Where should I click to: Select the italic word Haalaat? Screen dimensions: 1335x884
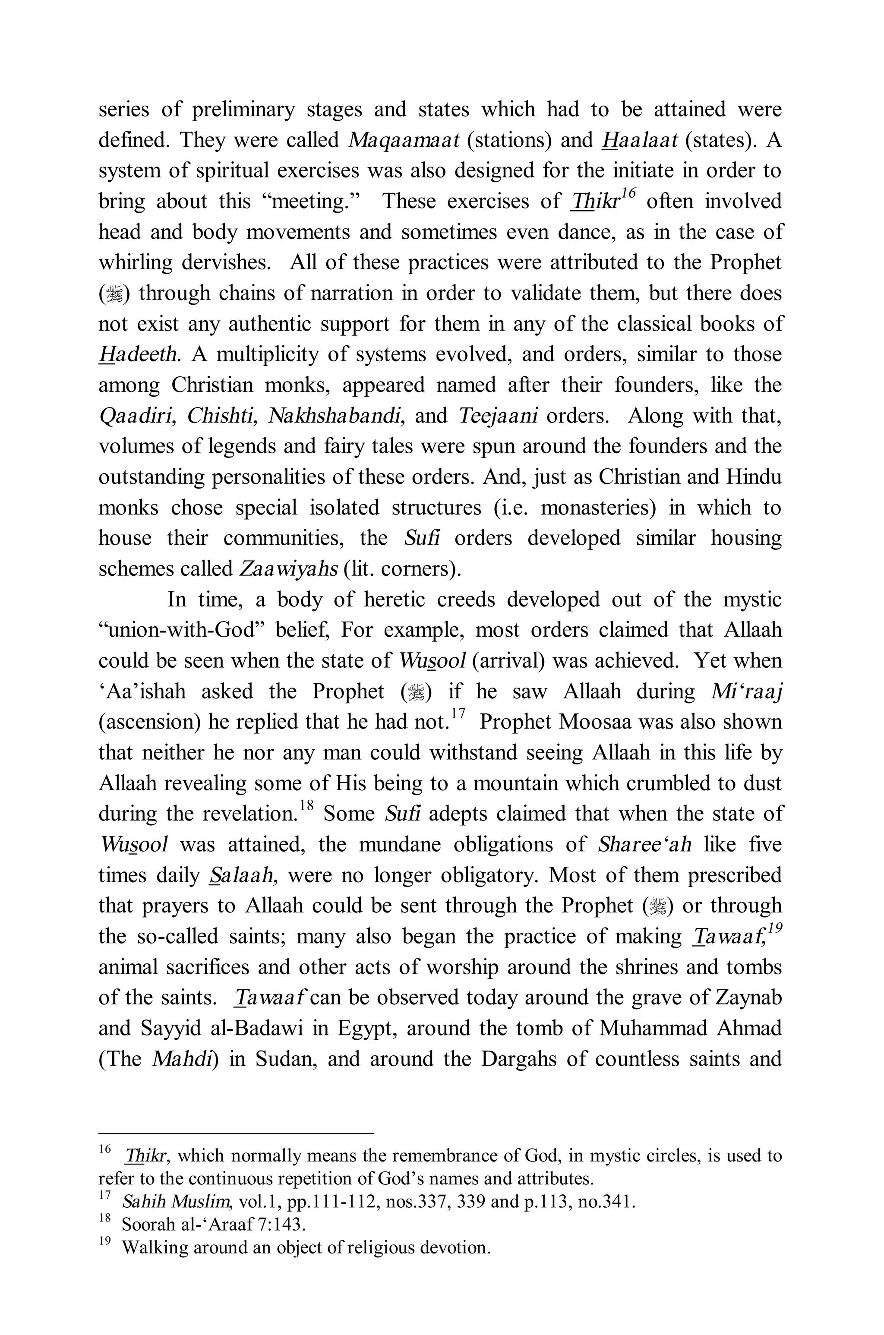click(x=639, y=140)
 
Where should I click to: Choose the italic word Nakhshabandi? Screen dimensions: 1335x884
click(x=337, y=416)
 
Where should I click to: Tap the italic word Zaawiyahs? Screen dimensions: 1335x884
click(x=288, y=569)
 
